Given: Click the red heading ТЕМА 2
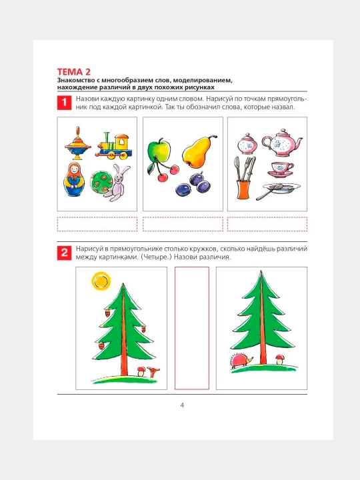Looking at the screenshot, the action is point(74,72).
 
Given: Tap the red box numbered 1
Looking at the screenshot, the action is point(64,102).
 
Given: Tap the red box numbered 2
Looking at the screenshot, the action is point(64,253).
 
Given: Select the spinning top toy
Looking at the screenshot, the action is point(78,143).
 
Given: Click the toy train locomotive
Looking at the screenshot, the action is point(113,146).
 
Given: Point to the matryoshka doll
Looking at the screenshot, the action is point(74,179).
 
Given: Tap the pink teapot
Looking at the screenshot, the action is point(282,143).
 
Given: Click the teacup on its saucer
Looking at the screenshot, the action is point(281,169).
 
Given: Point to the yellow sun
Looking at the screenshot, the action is point(101,281).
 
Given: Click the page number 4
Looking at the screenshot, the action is point(182,405).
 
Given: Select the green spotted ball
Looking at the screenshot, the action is point(101,183).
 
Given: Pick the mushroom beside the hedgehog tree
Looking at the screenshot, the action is point(279,359).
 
